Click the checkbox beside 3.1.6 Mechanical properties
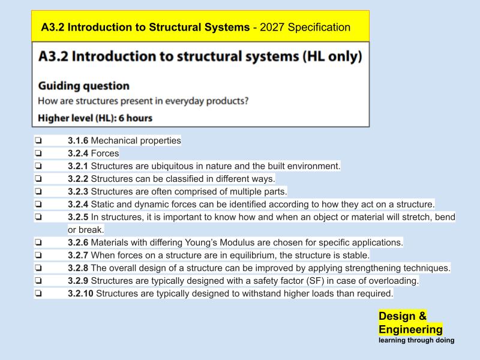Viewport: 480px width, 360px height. click(38, 141)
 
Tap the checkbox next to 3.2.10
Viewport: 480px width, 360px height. click(38, 294)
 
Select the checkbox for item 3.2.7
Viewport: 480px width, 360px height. click(38, 256)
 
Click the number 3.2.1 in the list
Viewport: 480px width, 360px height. click(78, 166)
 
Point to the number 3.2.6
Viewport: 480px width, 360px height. click(78, 242)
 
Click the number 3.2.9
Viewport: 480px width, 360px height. click(78, 281)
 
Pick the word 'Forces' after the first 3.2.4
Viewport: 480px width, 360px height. click(105, 154)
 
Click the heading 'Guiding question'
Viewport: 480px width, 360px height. click(83, 86)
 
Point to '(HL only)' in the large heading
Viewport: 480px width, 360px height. click(325, 57)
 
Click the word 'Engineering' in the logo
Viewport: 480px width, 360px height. click(410, 329)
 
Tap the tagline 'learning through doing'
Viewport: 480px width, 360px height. click(416, 340)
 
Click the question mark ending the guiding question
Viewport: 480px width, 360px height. click(245, 101)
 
